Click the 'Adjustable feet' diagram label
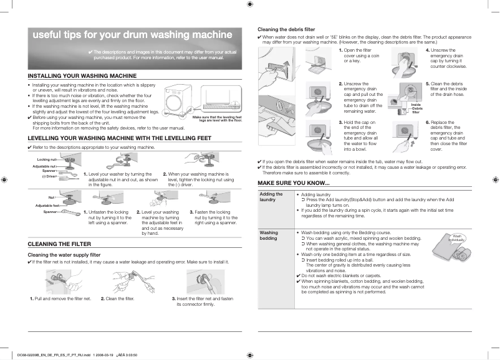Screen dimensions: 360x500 [x=47, y=205]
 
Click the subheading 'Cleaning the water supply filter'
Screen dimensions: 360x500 [x=64, y=255]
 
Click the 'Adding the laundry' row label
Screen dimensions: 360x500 [x=271, y=197]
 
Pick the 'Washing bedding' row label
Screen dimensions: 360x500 [x=270, y=235]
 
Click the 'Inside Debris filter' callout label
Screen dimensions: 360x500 [x=416, y=108]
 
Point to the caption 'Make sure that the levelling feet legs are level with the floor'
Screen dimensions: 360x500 [x=216, y=118]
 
